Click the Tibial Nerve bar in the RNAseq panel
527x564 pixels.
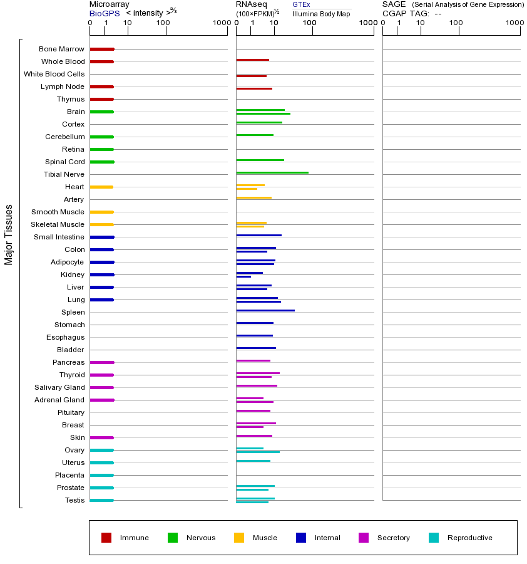tap(272, 172)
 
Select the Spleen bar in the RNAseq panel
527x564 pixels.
tap(265, 310)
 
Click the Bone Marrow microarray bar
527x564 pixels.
tap(102, 49)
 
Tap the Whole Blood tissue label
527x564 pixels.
tap(63, 61)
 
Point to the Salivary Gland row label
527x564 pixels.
tap(60, 387)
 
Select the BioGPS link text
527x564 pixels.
tap(104, 13)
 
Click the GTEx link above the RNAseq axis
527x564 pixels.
tap(301, 4)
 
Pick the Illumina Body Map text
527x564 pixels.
tap(321, 14)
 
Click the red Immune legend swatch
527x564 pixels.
tap(106, 538)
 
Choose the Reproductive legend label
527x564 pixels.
tap(470, 538)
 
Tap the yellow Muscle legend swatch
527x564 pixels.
tap(239, 538)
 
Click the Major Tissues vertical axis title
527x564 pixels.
tap(9, 234)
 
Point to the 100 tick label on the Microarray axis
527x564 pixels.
tap(163, 23)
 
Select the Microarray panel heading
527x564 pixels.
tap(109, 4)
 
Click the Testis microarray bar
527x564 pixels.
tap(102, 500)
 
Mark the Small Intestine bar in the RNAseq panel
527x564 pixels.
tap(259, 235)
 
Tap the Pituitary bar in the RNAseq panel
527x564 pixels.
tap(253, 410)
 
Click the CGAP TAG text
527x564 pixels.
tap(405, 13)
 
